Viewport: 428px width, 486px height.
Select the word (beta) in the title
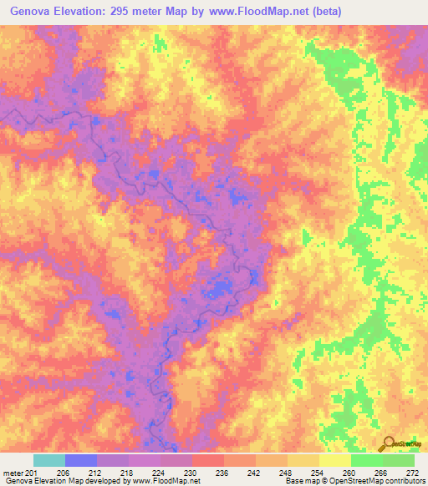[x=321, y=10]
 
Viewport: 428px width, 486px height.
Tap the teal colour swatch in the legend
[x=49, y=461]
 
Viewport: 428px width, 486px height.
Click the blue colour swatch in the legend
[x=81, y=461]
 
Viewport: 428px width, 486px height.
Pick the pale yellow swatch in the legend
[x=335, y=461]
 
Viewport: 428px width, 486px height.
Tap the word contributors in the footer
[x=402, y=482]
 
